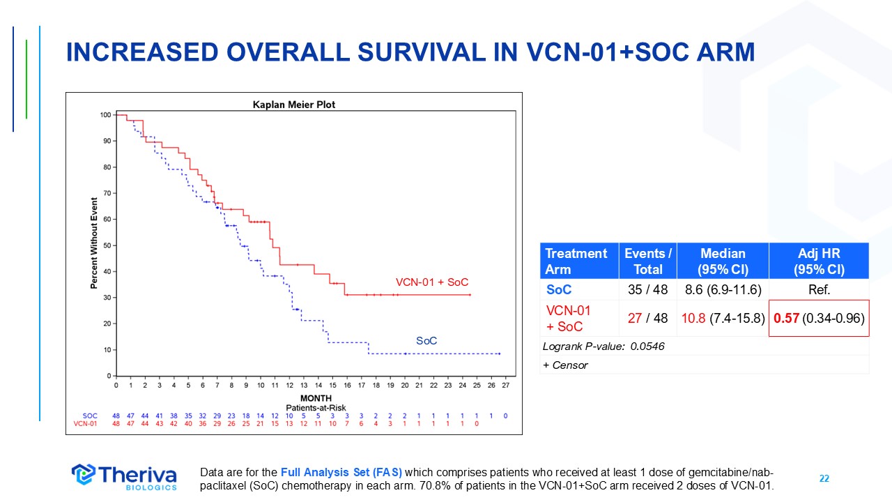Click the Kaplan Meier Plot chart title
293,105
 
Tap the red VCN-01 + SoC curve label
432,282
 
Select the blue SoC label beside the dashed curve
426,341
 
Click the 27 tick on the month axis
505,385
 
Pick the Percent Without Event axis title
94,243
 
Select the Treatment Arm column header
576,261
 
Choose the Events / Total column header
648,261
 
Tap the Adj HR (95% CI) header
819,261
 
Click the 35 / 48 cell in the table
648,289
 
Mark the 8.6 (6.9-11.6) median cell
723,289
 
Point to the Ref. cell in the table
819,289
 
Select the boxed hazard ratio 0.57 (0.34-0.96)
819,318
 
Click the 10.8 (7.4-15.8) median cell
723,318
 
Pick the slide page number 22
824,478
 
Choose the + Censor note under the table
565,365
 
